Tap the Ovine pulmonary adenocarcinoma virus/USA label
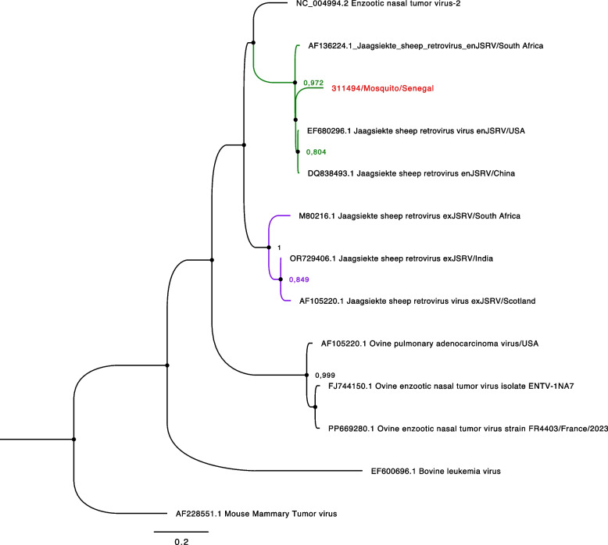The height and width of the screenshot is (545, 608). [420, 343]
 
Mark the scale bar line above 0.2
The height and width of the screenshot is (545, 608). [181, 531]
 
